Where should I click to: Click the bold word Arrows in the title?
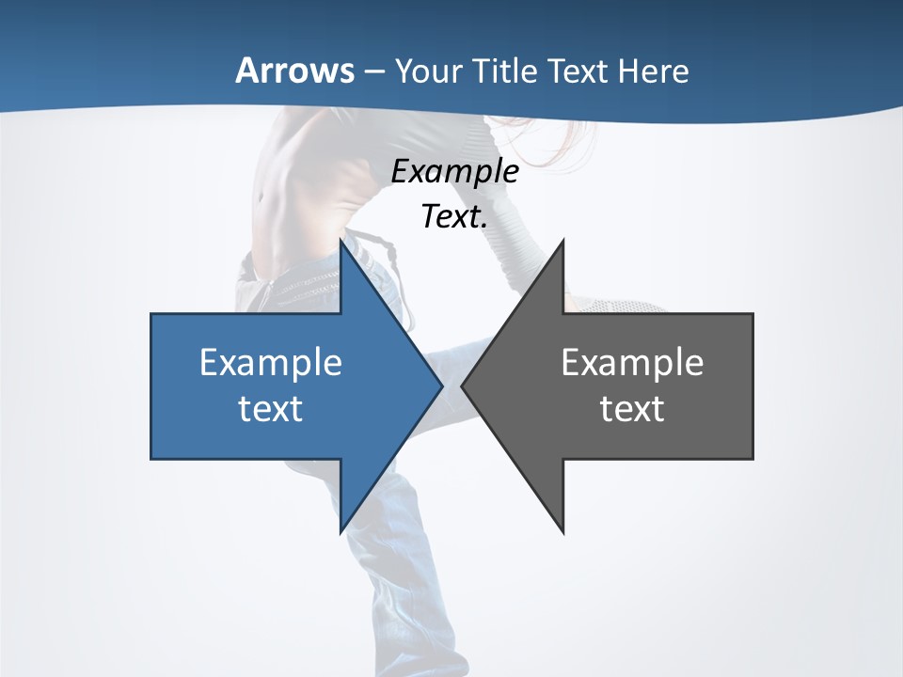(x=294, y=71)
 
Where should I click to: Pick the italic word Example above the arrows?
(x=454, y=171)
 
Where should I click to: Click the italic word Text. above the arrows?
(x=454, y=217)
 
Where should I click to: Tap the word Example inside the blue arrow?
(x=271, y=362)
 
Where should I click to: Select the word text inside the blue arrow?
(x=271, y=409)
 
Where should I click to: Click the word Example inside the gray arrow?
(x=632, y=362)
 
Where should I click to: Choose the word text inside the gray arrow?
(x=632, y=409)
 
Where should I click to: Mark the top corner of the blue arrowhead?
(x=341, y=242)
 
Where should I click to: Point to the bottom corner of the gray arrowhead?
(x=562, y=531)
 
